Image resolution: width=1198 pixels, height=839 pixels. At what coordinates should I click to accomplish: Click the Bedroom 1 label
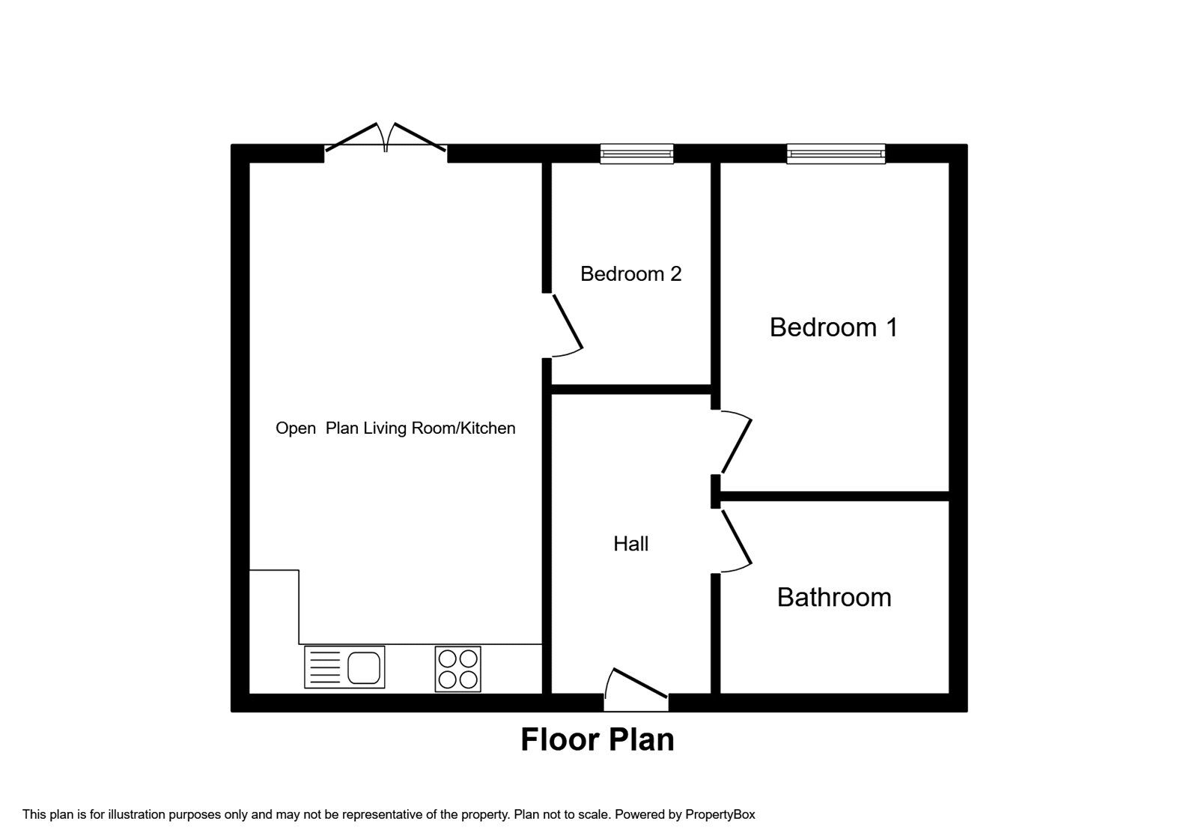[x=833, y=327]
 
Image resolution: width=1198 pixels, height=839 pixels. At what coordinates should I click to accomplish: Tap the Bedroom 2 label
[x=630, y=274]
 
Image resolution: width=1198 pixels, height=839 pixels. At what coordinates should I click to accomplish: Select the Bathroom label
[x=834, y=597]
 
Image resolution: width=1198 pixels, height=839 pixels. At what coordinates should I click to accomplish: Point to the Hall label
[x=630, y=544]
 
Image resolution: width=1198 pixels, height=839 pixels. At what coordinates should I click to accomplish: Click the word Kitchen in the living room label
[x=487, y=428]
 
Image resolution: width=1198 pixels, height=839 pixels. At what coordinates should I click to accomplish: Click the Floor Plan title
[x=598, y=739]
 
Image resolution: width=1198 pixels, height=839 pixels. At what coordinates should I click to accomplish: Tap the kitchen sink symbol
[x=344, y=667]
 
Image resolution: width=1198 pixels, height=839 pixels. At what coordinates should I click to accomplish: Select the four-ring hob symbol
[x=458, y=668]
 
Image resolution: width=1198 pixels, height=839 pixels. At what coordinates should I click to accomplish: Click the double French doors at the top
[x=386, y=142]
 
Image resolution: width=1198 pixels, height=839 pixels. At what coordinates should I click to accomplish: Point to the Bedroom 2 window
[x=636, y=154]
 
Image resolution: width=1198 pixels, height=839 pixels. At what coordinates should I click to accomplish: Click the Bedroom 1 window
[x=836, y=154]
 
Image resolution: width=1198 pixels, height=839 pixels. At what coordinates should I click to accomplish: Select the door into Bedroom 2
[x=567, y=324]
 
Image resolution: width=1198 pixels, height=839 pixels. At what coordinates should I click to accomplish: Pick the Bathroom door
[x=735, y=537]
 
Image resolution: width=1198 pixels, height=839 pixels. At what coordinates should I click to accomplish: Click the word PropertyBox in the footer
[x=720, y=814]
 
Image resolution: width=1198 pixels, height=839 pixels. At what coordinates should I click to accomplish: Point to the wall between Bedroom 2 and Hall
[x=631, y=389]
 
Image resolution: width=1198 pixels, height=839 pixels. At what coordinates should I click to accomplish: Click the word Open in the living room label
[x=296, y=428]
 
